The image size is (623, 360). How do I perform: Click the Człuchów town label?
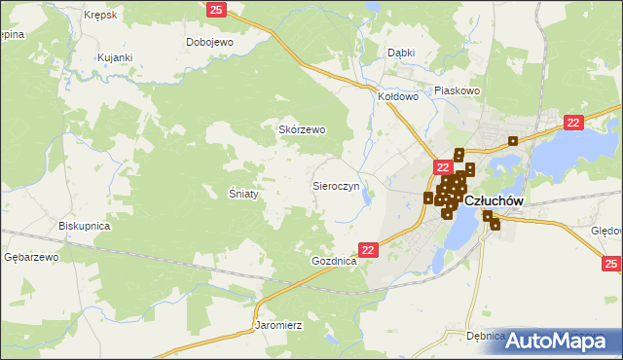[495, 200]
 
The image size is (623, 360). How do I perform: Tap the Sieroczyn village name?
[336, 184]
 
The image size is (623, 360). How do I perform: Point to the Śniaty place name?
[243, 194]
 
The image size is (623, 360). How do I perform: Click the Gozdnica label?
[334, 262]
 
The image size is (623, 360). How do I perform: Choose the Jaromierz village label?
[279, 324]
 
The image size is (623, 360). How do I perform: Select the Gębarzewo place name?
[32, 257]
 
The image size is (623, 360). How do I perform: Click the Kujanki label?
[115, 58]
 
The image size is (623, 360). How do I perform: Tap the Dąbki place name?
[401, 53]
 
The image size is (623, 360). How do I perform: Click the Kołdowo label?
[397, 96]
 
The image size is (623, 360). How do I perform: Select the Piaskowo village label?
[459, 90]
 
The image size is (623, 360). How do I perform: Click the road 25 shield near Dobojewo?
[217, 10]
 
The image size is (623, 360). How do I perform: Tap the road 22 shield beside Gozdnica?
[368, 250]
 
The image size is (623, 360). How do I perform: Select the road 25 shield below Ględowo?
[610, 264]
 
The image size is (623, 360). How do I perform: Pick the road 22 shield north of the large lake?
[573, 122]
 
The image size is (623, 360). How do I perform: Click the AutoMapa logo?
[562, 341]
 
